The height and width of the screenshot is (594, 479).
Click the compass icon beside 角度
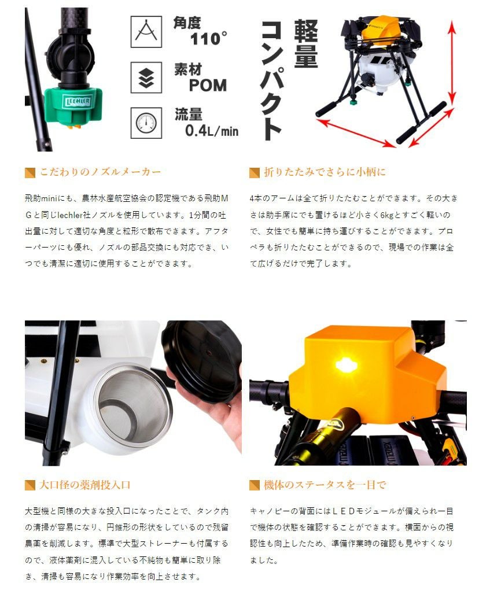coord(146,32)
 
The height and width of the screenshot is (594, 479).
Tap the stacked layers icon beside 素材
coord(146,78)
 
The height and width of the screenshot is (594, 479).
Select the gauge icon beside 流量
coord(146,123)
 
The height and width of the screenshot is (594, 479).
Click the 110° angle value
coord(208,39)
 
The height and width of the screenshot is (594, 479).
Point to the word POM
coord(208,85)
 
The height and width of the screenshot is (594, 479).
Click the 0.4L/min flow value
coord(212,131)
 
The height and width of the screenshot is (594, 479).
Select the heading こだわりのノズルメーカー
coord(101,172)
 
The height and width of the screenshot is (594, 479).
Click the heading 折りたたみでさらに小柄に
coord(325,172)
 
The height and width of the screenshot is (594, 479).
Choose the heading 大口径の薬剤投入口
coord(85,485)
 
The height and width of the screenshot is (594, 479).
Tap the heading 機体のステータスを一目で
coord(325,485)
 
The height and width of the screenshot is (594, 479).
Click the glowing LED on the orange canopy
coord(345,364)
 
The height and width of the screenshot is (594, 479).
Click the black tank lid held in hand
coord(202,360)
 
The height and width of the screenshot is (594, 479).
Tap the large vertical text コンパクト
coord(271,80)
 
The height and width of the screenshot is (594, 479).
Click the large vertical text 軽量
coord(306,44)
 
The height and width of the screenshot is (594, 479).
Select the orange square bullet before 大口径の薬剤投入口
coord(30,485)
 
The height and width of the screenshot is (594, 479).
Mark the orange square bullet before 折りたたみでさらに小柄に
coord(255,173)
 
